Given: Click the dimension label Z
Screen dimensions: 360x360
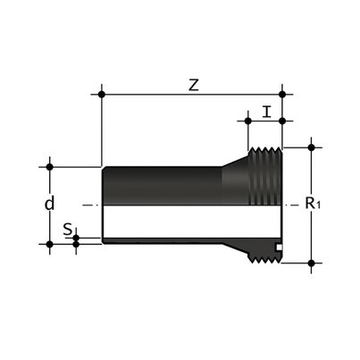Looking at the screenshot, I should [192, 85].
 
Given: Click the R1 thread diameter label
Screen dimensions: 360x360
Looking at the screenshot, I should [313, 204].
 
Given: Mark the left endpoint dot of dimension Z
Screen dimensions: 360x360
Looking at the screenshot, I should [103, 93].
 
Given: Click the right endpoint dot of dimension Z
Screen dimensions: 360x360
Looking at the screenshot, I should [282, 93].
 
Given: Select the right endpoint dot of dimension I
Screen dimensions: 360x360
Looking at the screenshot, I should [282, 121].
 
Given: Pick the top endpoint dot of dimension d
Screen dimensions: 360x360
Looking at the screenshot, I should [50, 166].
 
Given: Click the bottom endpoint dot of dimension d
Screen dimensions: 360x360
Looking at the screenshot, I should [50, 242].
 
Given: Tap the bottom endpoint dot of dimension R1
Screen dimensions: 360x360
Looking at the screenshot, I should [311, 263].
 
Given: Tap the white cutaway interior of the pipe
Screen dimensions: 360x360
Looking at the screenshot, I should [179, 223].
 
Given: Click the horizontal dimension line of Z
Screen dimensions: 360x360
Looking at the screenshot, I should [192, 93].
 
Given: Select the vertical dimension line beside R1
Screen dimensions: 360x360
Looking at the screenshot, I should [311, 179].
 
